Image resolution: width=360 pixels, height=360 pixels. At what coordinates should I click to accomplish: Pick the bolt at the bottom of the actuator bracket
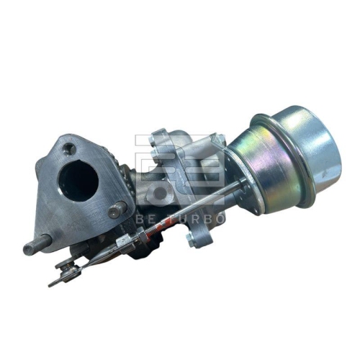pyautogui.click(x=192, y=238)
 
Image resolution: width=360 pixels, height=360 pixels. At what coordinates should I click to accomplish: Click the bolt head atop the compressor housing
pyautogui.click(x=163, y=137)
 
